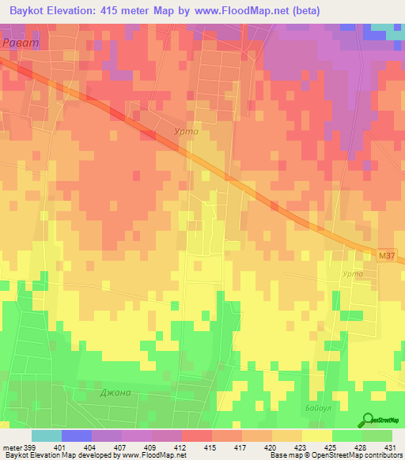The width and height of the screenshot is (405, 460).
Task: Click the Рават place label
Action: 18,43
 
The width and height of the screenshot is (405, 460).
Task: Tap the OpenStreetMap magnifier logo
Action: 367,420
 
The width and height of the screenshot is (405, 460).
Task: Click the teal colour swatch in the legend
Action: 47,435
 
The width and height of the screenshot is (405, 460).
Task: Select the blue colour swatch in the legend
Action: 77,435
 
